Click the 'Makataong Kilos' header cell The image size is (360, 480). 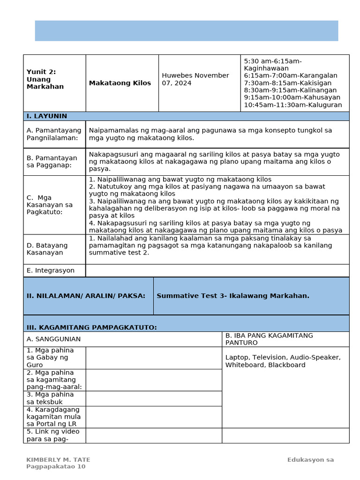120,83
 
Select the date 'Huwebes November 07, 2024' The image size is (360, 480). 195,79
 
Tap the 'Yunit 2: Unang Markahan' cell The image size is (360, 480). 45,79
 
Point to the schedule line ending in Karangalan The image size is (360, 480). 290,75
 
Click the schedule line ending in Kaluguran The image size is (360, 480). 293,105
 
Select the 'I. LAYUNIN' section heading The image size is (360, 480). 47,116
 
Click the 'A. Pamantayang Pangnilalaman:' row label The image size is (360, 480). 54,134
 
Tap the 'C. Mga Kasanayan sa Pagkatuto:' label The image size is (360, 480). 50,205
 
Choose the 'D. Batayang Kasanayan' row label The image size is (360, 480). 47,249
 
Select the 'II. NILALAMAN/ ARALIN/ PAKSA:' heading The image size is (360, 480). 86,296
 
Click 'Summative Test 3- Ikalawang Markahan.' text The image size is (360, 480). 233,296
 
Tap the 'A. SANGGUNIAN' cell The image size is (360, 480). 54,339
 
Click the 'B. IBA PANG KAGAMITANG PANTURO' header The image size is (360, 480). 269,339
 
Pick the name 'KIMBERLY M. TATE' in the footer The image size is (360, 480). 58,460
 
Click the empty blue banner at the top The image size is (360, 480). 186,31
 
